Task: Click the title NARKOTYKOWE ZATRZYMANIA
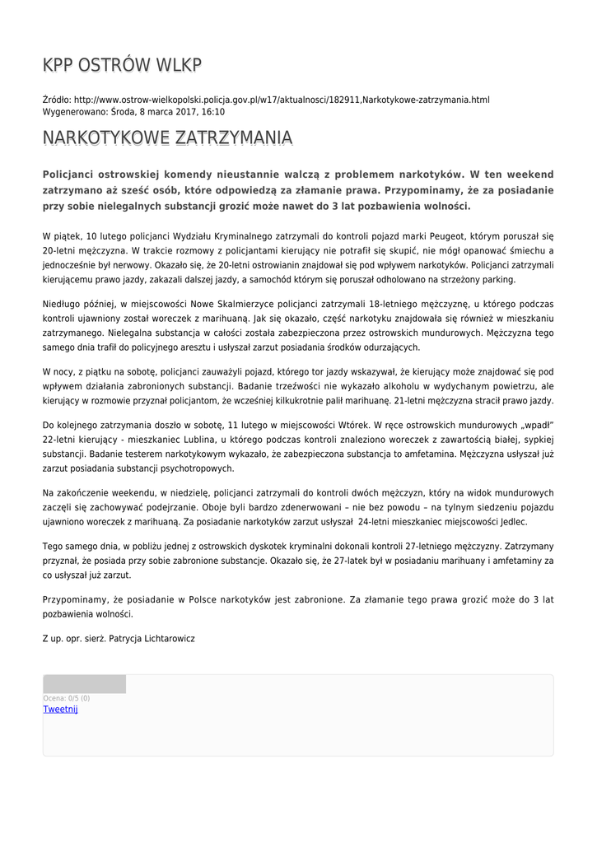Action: tap(167, 137)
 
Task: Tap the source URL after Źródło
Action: tap(282, 100)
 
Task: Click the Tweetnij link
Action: tap(60, 710)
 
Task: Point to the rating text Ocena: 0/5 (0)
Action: tap(67, 698)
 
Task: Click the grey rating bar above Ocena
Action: tap(84, 684)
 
